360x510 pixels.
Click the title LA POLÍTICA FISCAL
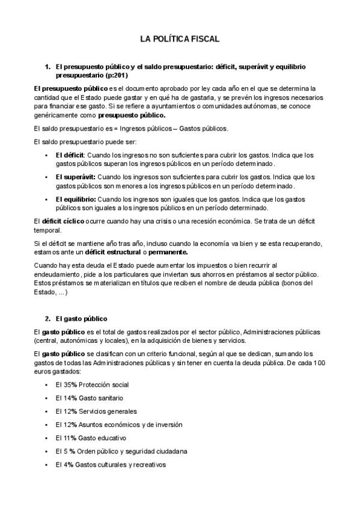click(x=180, y=39)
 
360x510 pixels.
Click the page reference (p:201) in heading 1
click(x=106, y=76)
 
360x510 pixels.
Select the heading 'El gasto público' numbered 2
click(x=81, y=318)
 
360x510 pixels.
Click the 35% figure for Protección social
click(x=71, y=384)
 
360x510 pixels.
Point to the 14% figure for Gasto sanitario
click(x=71, y=398)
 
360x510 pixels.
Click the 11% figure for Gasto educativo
click(x=71, y=438)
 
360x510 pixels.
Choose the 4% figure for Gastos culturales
click(x=69, y=465)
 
